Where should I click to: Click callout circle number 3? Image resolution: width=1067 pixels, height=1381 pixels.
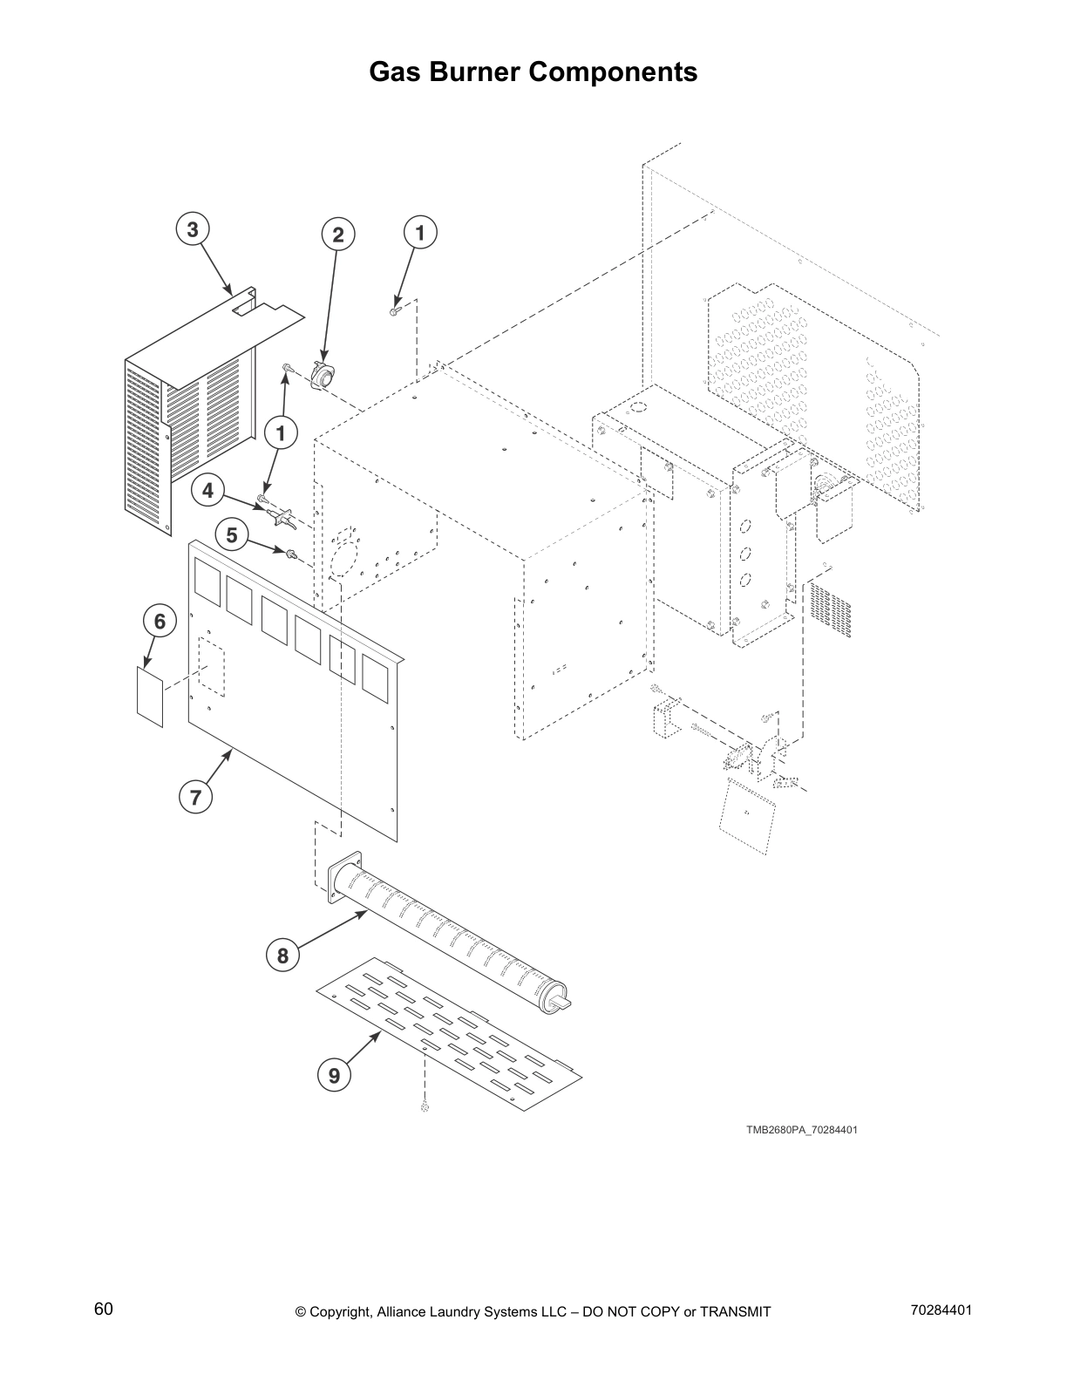[x=193, y=230]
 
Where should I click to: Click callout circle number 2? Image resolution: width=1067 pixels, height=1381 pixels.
[x=338, y=234]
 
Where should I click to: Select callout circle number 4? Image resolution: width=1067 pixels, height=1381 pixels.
[x=207, y=491]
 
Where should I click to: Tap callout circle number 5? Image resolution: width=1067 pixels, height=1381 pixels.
[x=231, y=534]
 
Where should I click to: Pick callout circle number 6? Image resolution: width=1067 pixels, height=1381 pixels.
[x=160, y=622]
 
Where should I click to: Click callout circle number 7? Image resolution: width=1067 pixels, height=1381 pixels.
[x=195, y=796]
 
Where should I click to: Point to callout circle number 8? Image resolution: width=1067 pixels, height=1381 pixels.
[x=282, y=956]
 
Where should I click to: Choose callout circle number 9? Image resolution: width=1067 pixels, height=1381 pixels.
[x=334, y=1076]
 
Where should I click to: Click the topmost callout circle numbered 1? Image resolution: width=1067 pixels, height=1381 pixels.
[x=420, y=233]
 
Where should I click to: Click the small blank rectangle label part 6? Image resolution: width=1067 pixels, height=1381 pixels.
[x=150, y=696]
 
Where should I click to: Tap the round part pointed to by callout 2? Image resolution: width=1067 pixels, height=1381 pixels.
[x=324, y=378]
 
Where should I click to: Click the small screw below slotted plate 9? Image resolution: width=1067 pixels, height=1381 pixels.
[x=425, y=1107]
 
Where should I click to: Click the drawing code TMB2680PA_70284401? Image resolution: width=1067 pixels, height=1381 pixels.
[x=801, y=1130]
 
